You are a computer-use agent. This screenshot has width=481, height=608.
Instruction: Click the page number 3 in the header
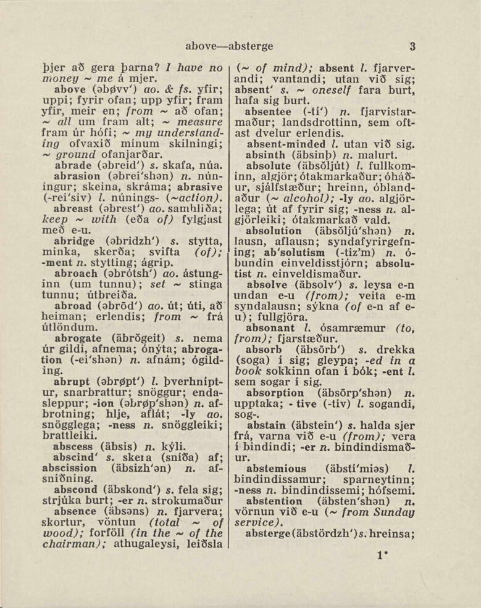(412, 46)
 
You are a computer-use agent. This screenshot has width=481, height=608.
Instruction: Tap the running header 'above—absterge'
(229, 46)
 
